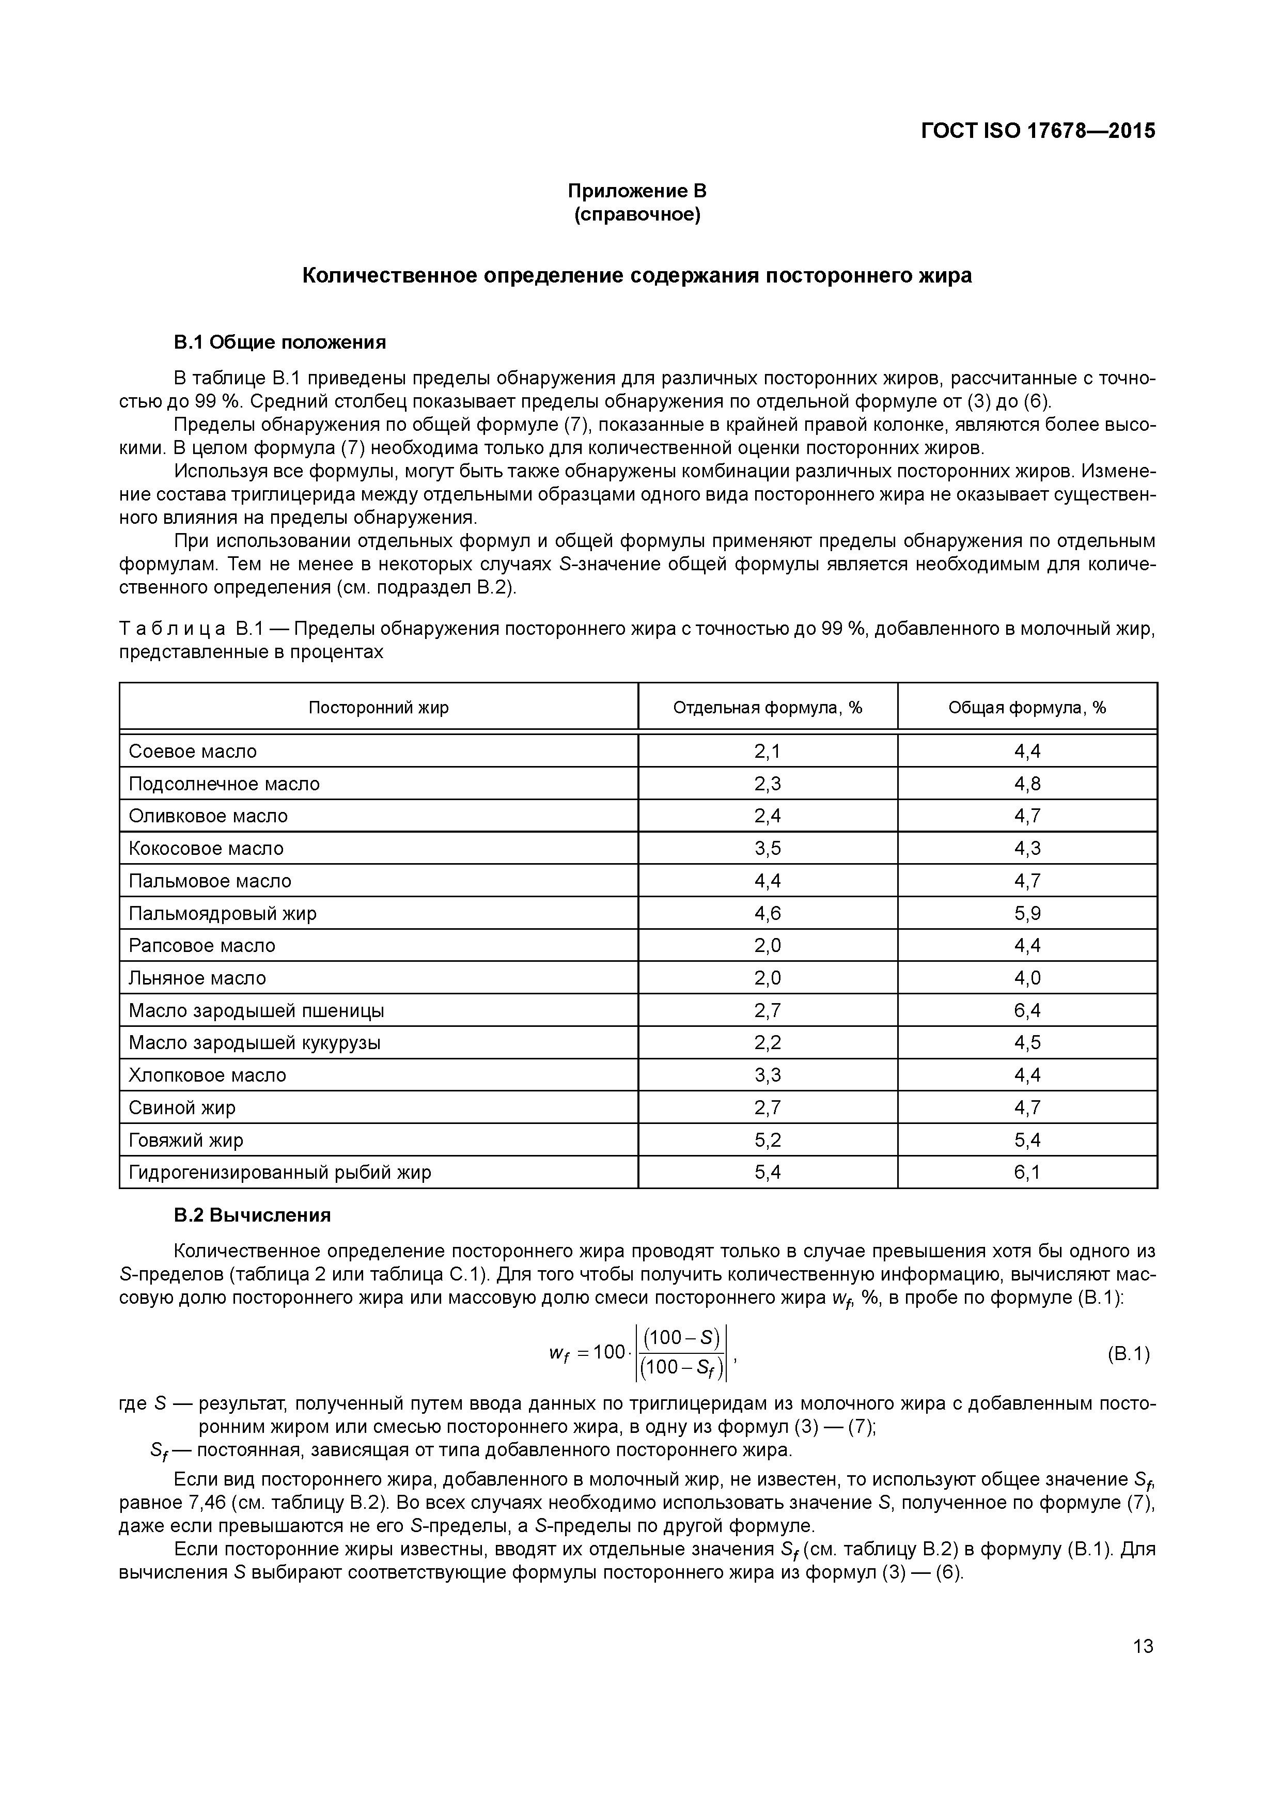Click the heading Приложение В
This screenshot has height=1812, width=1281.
[x=638, y=191]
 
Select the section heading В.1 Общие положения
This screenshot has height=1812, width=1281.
[x=279, y=342]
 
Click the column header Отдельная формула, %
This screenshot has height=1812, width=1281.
[x=767, y=707]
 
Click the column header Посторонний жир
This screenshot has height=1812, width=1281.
[x=378, y=707]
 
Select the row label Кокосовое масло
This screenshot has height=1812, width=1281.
[x=206, y=848]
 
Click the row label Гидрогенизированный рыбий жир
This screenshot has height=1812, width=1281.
[x=280, y=1172]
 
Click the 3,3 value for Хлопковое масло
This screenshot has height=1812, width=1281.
[x=767, y=1075]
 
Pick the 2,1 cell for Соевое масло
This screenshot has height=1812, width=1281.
[x=767, y=752]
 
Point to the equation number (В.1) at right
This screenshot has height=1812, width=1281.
[x=1129, y=1355]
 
